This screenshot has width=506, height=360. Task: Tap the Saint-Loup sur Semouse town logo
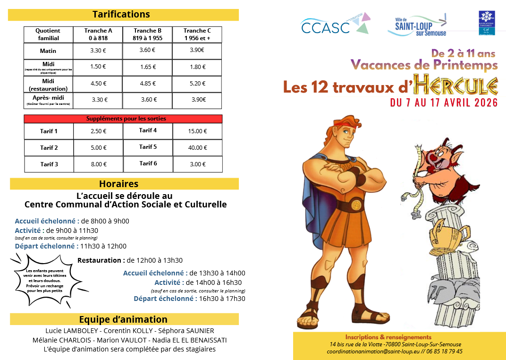[417, 25]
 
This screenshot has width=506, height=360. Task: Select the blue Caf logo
[486, 23]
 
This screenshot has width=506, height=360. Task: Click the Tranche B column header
[148, 34]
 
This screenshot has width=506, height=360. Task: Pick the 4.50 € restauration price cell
[98, 84]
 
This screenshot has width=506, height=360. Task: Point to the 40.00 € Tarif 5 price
[197, 147]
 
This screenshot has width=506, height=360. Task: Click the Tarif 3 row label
[49, 164]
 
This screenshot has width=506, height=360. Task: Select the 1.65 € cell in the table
[148, 67]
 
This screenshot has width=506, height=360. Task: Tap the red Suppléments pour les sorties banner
[123, 119]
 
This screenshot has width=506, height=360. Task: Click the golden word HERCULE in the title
[456, 86]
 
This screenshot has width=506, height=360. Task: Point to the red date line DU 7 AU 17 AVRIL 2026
[444, 103]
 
